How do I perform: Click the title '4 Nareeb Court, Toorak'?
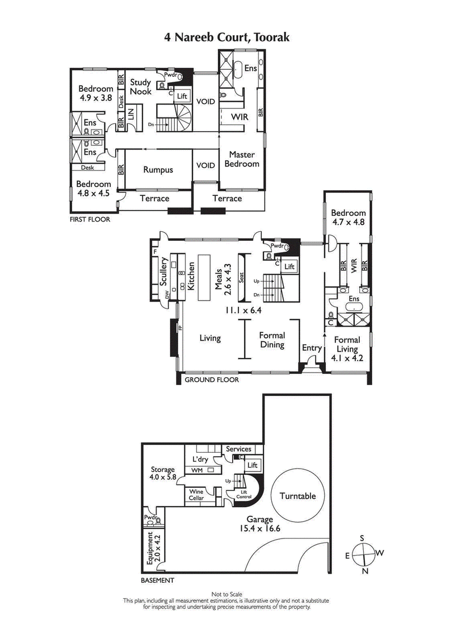(226, 38)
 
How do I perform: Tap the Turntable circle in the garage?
(297, 495)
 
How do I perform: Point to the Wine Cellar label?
(196, 495)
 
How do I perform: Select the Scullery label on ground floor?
(163, 273)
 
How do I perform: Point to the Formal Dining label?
(272, 340)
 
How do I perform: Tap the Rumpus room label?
(158, 169)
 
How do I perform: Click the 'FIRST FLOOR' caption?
(90, 219)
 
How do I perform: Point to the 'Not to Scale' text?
(226, 594)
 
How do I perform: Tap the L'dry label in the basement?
(199, 459)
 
